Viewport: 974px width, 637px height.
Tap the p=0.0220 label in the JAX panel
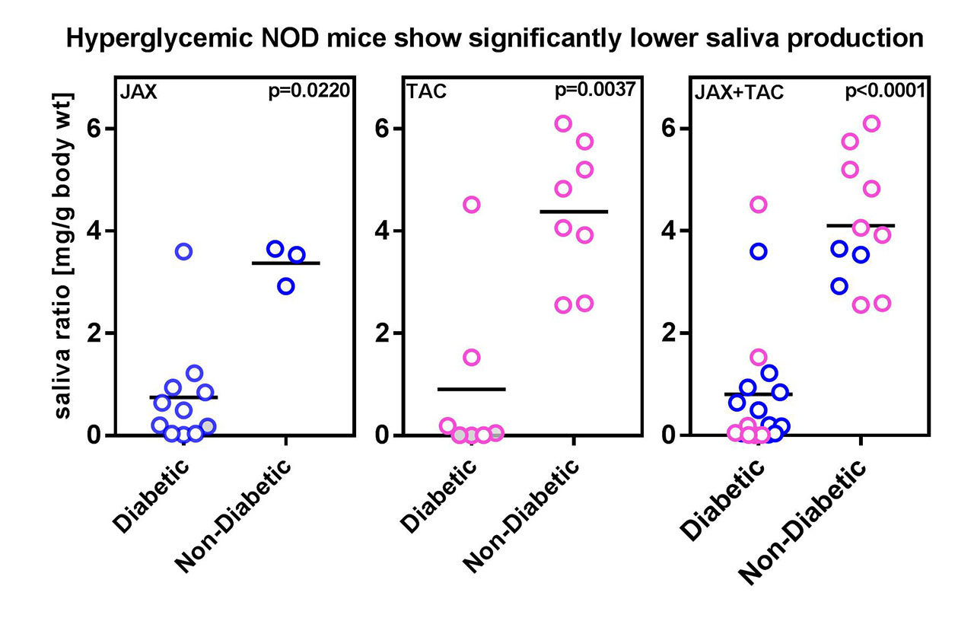pos(310,92)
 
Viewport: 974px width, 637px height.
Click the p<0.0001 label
pos(886,92)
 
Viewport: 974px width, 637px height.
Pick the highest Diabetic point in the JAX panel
pos(183,251)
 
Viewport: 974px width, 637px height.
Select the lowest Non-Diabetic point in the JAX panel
pos(286,286)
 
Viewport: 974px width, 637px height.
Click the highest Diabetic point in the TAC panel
pos(472,204)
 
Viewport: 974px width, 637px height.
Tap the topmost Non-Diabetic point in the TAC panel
pos(563,123)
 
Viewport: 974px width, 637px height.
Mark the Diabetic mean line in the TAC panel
pos(472,389)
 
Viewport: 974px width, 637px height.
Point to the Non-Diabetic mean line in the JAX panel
pos(286,263)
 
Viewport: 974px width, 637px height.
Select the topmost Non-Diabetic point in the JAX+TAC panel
pos(872,123)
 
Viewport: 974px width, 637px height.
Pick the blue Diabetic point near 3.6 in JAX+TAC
pos(759,251)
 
